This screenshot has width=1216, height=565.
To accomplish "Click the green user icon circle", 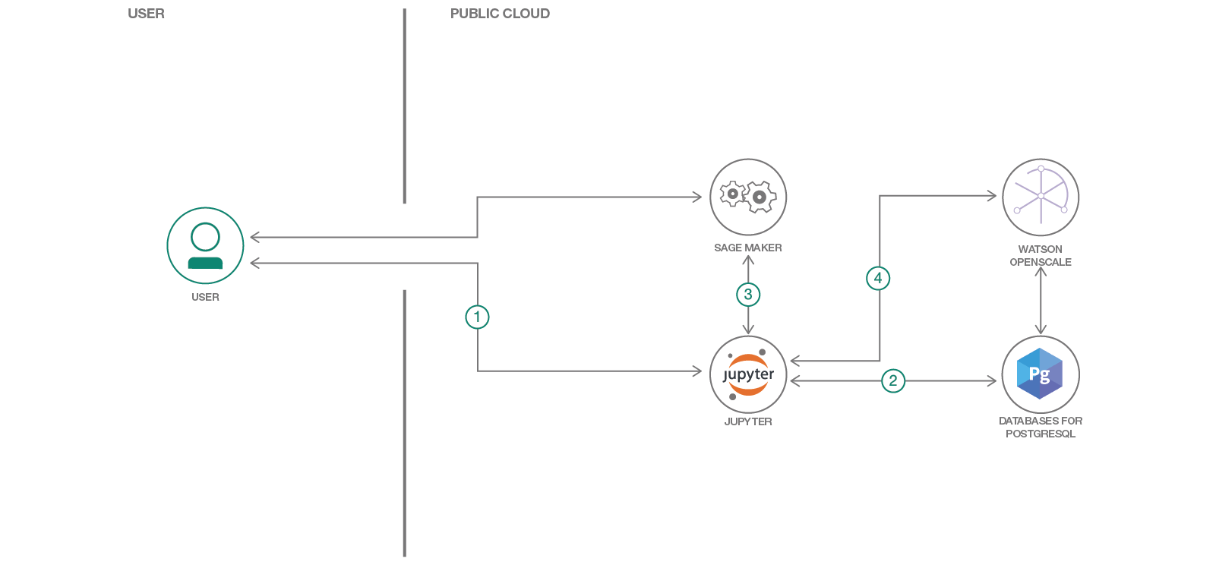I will [205, 245].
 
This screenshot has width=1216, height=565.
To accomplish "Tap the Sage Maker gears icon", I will [748, 197].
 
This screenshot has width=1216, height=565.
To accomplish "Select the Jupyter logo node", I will [748, 374].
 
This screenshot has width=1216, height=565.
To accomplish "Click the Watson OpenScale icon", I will [1041, 197].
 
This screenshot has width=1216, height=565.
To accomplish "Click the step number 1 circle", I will [477, 317].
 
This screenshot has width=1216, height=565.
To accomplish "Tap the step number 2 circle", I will [893, 380].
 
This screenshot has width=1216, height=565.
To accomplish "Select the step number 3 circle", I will [748, 295].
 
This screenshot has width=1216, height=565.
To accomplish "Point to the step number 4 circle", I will [878, 278].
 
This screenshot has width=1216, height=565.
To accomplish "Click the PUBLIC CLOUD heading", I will [500, 14].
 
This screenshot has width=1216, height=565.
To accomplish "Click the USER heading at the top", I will [146, 14].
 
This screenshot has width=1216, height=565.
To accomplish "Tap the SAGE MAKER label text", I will [748, 248].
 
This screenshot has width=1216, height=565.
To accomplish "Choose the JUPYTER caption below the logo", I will [748, 421].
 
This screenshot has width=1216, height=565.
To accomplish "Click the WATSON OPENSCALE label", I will [1041, 255].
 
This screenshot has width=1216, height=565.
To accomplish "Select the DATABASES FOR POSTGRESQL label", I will [1041, 427].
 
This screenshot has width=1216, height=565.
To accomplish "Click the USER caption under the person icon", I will [205, 297].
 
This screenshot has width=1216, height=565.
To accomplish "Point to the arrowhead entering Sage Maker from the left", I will [697, 197].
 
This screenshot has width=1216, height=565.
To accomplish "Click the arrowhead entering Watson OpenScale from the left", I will [992, 196].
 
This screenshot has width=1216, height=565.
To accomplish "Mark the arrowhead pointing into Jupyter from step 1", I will [697, 371].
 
